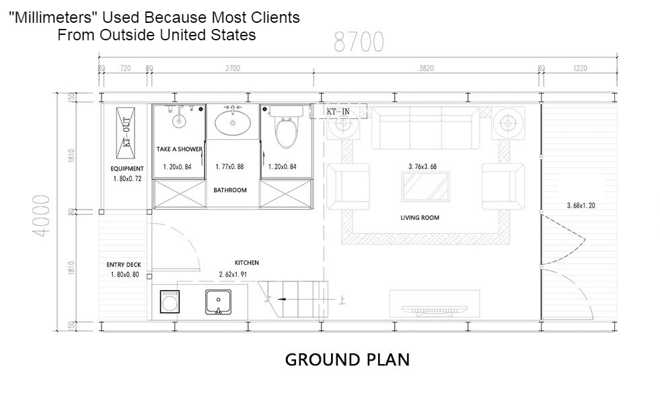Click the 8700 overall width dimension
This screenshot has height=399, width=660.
(359, 42)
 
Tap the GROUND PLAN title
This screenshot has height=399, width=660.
(347, 359)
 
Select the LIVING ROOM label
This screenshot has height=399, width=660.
(419, 218)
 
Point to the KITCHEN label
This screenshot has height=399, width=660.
(246, 263)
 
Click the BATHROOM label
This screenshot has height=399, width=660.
(230, 190)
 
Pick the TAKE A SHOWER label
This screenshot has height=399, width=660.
(179, 149)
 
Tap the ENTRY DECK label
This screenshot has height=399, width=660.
(124, 265)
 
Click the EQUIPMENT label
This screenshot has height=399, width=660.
(127, 169)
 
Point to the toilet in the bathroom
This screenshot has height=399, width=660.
(287, 129)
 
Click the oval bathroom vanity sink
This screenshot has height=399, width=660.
(233, 123)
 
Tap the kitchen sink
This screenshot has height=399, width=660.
(218, 302)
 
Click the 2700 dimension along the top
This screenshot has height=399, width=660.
(232, 68)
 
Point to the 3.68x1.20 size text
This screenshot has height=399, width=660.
(581, 206)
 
